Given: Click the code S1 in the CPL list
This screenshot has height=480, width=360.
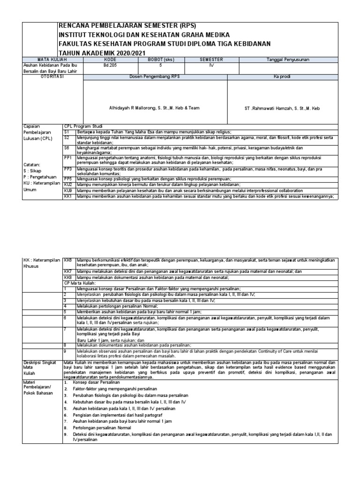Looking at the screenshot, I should [67, 133].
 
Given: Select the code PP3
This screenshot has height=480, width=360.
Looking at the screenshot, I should [68, 168].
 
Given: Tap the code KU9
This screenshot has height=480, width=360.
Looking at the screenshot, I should [68, 191].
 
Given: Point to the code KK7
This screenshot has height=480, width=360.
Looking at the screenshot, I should [68, 271].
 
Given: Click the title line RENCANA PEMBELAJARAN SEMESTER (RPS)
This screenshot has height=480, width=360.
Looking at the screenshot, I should [126, 26].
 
